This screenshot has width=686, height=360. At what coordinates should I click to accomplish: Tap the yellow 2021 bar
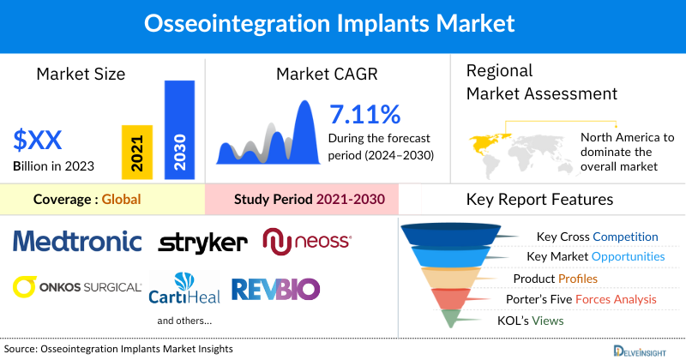pos(137,150)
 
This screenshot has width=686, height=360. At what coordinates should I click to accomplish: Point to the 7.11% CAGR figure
pos(364,114)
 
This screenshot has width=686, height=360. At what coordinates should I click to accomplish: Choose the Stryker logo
pos(202,243)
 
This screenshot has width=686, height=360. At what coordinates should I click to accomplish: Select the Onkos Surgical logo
pos(77,286)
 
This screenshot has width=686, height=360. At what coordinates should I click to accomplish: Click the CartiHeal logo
pos(184,288)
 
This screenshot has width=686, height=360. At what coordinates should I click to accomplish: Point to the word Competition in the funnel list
pos(625,237)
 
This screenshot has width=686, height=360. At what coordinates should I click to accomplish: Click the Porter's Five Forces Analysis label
pos(585,299)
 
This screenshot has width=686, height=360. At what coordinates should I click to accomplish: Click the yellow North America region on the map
pos(485,139)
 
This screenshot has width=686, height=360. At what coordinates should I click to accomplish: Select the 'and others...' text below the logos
pos(184,321)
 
